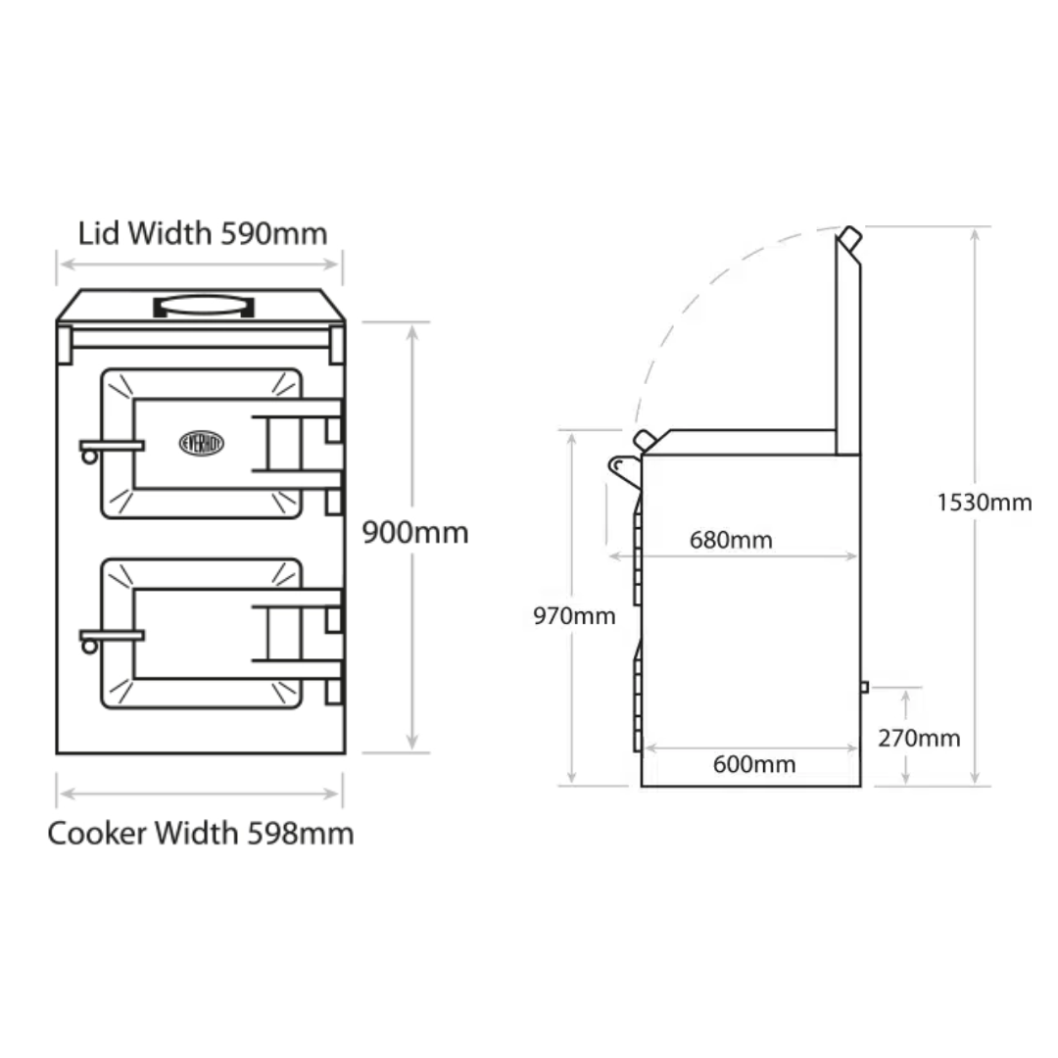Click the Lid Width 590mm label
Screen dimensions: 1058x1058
(202, 233)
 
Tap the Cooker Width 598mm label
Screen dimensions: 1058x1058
(201, 834)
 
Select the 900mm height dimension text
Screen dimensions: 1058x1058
(415, 533)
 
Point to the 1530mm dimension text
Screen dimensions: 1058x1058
(984, 503)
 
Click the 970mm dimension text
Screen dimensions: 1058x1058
(574, 616)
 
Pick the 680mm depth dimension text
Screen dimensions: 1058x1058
(731, 540)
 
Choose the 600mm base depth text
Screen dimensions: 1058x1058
(754, 764)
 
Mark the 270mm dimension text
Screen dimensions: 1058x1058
(919, 738)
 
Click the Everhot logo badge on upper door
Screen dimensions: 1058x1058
(202, 443)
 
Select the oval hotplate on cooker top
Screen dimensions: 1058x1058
(205, 306)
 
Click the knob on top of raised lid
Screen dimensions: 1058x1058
(849, 238)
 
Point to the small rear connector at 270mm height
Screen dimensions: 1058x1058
(864, 687)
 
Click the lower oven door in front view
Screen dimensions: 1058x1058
(201, 635)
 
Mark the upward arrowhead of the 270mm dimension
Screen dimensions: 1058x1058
(906, 695)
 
